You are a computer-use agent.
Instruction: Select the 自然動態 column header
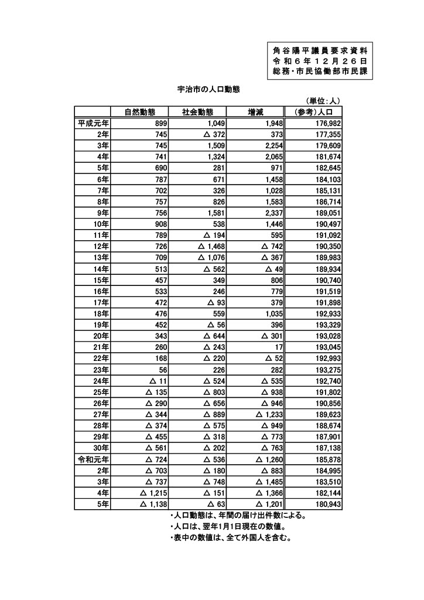pos(139,112)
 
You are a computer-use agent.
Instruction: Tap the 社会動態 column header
pos(197,112)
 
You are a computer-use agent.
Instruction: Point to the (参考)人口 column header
pos(313,112)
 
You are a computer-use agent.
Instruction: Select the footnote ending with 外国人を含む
pos(230,538)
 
